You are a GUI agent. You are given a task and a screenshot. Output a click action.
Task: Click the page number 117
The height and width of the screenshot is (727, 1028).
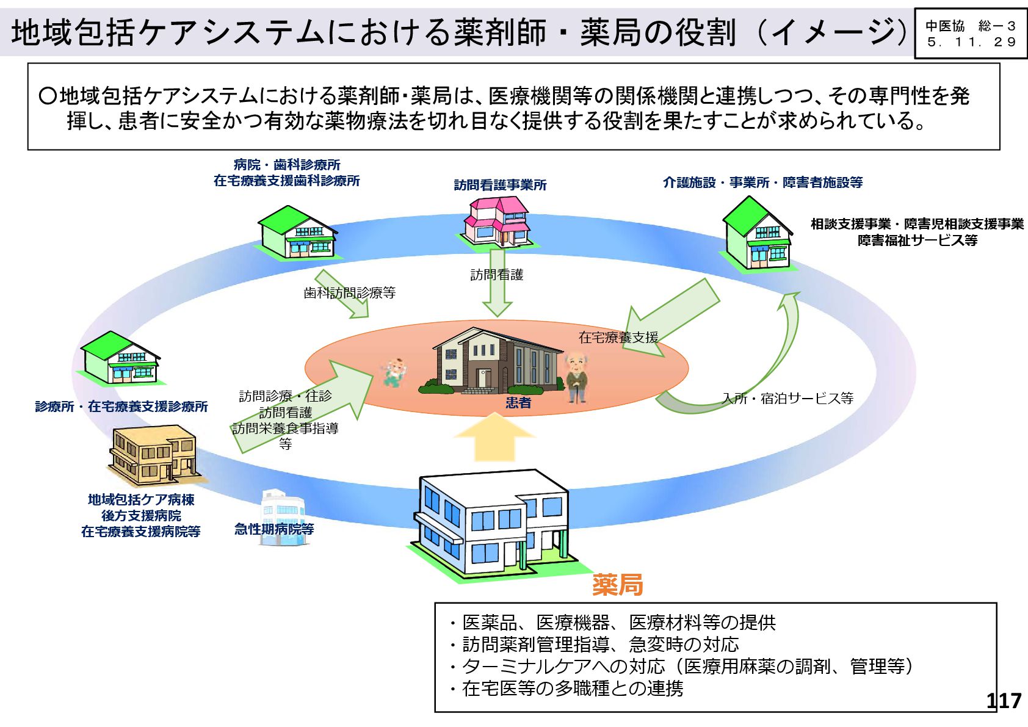coord(1004,700)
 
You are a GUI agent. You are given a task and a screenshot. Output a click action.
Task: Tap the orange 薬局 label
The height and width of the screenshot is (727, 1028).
coord(617,585)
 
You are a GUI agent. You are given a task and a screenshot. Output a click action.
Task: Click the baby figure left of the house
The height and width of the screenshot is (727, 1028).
coord(394,372)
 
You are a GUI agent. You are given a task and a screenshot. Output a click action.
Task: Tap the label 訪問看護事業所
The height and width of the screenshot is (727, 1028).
coord(500,185)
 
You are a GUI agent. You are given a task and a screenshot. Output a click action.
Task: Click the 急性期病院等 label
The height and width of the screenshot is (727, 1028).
coord(274,529)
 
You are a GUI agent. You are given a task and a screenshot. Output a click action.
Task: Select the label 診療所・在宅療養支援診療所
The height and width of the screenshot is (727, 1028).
coord(121,407)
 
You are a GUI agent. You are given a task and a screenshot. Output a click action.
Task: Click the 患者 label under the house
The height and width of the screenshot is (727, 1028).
coord(518,403)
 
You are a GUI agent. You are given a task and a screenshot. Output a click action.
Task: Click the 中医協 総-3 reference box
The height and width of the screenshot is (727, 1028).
coord(970,34)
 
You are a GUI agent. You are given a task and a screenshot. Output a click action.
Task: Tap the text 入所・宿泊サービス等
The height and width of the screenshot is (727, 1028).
coord(787,399)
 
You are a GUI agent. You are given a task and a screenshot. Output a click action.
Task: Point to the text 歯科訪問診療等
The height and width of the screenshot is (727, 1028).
coord(349,293)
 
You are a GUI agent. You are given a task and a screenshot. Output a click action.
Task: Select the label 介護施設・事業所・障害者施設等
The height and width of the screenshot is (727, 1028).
coord(762,182)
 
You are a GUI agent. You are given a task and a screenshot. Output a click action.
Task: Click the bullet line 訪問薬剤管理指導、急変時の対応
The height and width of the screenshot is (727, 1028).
coord(600,645)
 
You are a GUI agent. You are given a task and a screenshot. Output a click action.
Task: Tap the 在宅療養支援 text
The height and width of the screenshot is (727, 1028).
coord(618,337)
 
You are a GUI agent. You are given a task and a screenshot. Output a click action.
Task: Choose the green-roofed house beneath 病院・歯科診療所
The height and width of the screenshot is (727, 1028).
coord(296,233)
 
